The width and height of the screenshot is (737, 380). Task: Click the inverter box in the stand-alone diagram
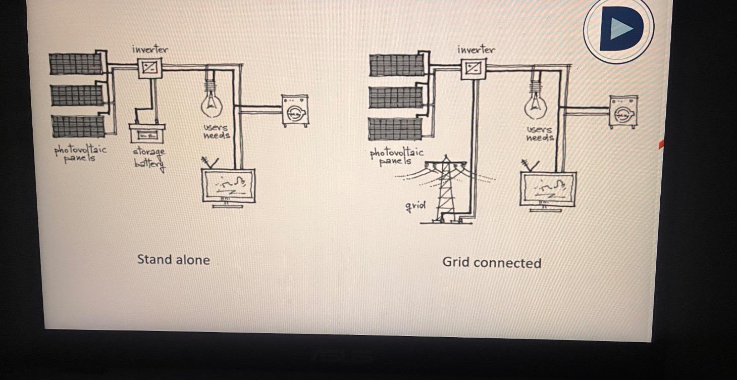coord(149,68)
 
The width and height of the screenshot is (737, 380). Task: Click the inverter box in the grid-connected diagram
coord(473,68)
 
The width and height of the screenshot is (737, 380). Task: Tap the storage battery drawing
coord(146,134)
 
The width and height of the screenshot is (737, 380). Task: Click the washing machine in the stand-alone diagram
coord(294,110)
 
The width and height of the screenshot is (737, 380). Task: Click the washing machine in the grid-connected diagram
coord(623,112)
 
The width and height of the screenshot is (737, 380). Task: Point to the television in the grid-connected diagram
coord(548,188)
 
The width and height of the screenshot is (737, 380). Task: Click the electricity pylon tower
coord(445,189)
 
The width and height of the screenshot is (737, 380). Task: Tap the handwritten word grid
coord(415,206)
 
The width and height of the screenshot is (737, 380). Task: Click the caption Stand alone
coord(173,260)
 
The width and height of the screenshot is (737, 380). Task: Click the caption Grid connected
coord(492,263)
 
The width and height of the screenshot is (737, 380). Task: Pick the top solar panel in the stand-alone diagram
coord(76,64)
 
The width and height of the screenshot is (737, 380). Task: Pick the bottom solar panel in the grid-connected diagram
coord(395,129)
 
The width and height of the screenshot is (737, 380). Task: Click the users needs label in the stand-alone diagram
coord(216,132)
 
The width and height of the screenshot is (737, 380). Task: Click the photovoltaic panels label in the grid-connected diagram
coord(396,156)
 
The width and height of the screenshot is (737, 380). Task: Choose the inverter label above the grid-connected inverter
coord(476,50)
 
